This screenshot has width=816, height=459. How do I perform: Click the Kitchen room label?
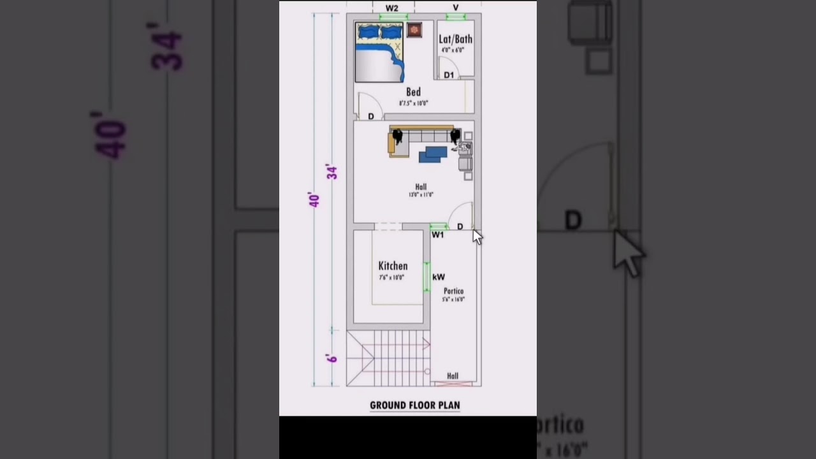(x=393, y=266)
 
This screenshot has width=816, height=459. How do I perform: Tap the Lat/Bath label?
(x=455, y=39)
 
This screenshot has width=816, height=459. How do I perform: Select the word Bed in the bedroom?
(x=413, y=92)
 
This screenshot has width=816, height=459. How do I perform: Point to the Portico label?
(x=454, y=291)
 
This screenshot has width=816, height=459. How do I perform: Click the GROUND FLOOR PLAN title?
(x=414, y=405)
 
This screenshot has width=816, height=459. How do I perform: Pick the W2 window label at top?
(x=391, y=8)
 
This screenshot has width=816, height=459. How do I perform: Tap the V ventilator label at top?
(x=456, y=8)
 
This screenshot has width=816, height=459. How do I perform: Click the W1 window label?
(x=437, y=235)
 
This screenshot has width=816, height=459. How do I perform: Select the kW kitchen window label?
(x=439, y=277)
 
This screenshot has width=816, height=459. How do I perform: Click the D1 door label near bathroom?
(x=449, y=75)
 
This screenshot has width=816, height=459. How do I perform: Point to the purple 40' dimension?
(x=314, y=200)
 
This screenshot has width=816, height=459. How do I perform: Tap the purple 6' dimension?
(x=332, y=358)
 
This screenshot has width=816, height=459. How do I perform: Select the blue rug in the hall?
(x=433, y=154)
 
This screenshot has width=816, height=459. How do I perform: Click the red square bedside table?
(x=414, y=29)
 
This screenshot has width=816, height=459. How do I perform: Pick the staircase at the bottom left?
(x=388, y=358)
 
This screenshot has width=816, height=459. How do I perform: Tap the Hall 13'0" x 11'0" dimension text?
(x=421, y=194)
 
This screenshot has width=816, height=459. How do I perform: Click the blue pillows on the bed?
(x=379, y=32)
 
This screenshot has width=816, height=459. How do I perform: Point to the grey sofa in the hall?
(x=423, y=136)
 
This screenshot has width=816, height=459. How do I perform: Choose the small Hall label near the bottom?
(x=453, y=376)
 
